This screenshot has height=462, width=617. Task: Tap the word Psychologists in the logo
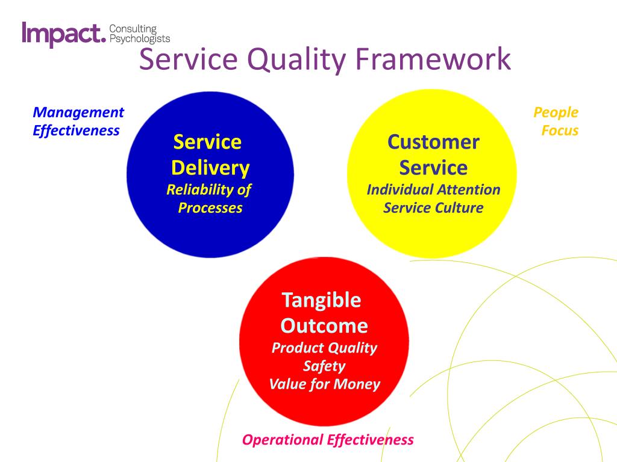click(x=140, y=39)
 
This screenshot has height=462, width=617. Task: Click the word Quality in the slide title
click(x=296, y=60)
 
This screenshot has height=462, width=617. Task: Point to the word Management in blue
click(x=78, y=112)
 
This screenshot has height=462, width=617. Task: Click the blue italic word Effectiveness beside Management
click(x=76, y=131)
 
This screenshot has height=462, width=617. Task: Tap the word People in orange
click(x=556, y=112)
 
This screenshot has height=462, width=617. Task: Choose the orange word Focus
click(x=560, y=131)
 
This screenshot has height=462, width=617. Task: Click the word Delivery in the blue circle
click(x=210, y=168)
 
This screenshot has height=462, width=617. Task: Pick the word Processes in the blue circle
click(x=210, y=208)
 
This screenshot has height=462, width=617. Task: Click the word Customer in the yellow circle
click(x=433, y=142)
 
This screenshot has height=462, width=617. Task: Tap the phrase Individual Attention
click(x=433, y=189)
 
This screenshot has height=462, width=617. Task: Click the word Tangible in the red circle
click(x=322, y=301)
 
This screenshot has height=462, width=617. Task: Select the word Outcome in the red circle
click(x=324, y=326)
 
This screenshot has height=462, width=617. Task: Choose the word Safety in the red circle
click(x=324, y=366)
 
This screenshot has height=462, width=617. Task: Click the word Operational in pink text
click(x=283, y=440)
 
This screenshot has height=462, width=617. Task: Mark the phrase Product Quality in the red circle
click(x=324, y=348)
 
